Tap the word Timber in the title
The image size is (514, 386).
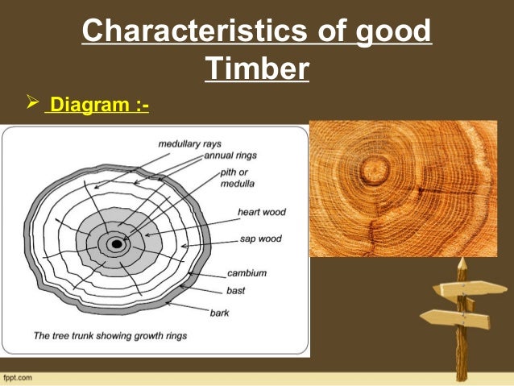257,69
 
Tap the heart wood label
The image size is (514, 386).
261,213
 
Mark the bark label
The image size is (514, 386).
221,311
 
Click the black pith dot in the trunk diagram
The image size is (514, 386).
118,243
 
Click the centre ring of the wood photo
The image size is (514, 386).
374,170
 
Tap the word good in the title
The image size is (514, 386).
395,33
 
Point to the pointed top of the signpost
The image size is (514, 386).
462,263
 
